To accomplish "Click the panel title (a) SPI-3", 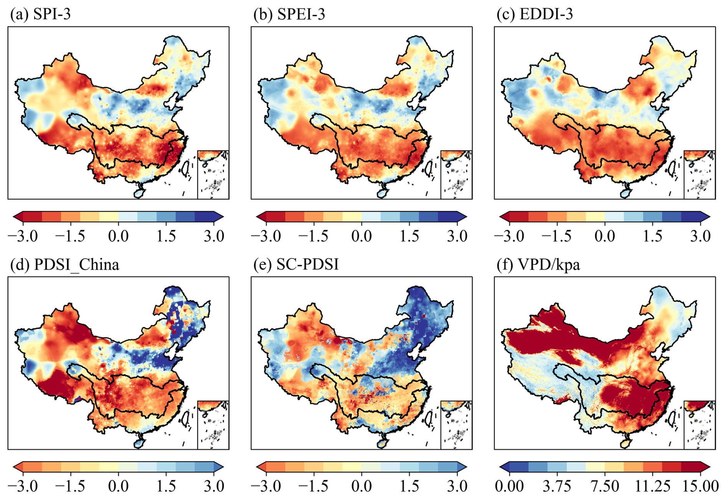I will tap(40, 14).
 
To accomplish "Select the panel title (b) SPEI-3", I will tap(289, 14).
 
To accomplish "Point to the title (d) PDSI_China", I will tap(64, 264).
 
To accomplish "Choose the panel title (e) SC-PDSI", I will tap(296, 264).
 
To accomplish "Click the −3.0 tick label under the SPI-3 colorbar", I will tap(23, 236).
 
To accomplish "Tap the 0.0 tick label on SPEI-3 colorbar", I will tap(361, 236).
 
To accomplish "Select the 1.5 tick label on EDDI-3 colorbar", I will tap(653, 236).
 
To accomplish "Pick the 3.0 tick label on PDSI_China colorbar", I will tap(214, 486).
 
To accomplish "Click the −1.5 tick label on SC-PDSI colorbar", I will tap(313, 486).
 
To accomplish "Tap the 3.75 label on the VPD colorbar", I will tap(557, 486).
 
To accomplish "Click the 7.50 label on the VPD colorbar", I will tap(605, 486).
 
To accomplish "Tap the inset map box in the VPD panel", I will tap(699, 425).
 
